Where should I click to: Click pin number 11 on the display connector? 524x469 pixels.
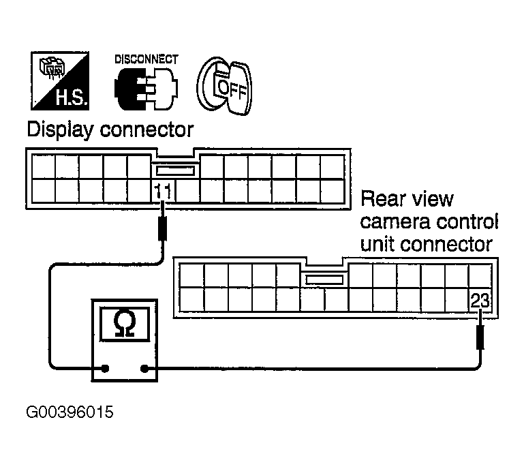pyautogui.click(x=163, y=191)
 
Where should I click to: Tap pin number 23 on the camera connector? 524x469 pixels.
pyautogui.click(x=480, y=300)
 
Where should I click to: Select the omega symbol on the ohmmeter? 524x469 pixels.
pyautogui.click(x=125, y=324)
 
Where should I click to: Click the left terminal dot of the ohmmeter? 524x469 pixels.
pyautogui.click(x=105, y=369)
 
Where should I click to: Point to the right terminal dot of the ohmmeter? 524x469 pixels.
pyautogui.click(x=144, y=369)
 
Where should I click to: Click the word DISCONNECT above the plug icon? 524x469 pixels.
pyautogui.click(x=147, y=59)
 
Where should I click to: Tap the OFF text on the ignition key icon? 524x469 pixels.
pyautogui.click(x=232, y=89)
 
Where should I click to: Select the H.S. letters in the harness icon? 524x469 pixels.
pyautogui.click(x=72, y=97)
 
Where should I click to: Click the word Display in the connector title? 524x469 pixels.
pyautogui.click(x=60, y=130)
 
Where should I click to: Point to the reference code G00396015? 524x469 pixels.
pyautogui.click(x=70, y=412)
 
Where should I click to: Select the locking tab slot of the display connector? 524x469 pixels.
pyautogui.click(x=175, y=171)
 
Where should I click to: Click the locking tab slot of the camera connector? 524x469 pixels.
pyautogui.click(x=324, y=279)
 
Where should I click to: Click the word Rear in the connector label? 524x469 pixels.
pyautogui.click(x=382, y=198)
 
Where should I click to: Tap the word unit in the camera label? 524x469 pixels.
pyautogui.click(x=377, y=245)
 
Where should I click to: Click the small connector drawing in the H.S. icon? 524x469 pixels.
pyautogui.click(x=51, y=67)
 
